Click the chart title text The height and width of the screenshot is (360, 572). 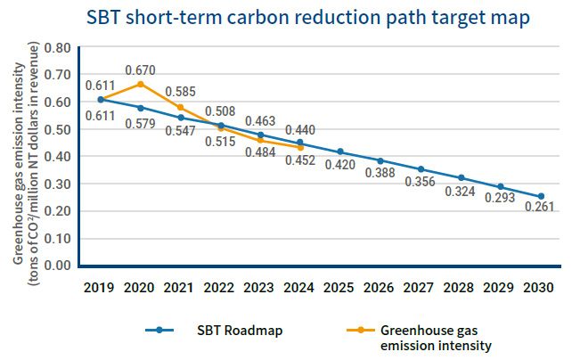point(286,17)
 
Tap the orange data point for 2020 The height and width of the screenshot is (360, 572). point(140,84)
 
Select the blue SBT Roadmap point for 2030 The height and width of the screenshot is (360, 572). point(541,196)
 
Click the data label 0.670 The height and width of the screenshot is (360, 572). point(141,69)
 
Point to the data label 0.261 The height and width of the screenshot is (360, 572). point(540,213)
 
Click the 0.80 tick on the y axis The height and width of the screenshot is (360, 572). point(57,47)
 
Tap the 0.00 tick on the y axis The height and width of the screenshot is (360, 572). point(57,266)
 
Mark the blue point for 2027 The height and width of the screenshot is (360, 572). point(421,169)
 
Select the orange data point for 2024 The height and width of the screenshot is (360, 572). point(300,147)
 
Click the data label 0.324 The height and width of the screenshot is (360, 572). point(461,190)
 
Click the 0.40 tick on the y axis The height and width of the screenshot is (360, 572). point(57,156)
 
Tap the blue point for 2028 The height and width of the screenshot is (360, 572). point(461,178)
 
